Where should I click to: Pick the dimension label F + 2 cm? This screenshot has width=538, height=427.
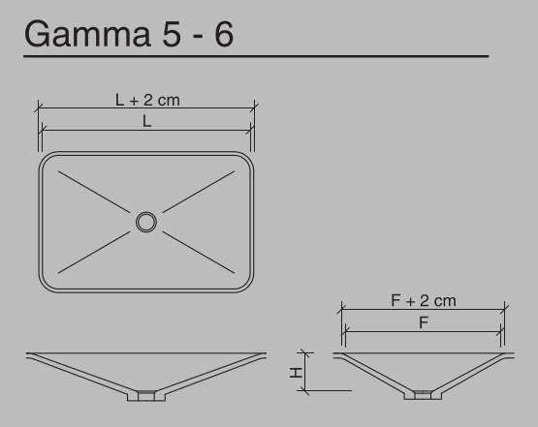tap(424, 300)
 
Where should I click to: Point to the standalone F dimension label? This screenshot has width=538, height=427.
tap(424, 323)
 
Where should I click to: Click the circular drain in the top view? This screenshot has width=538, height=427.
tap(145, 223)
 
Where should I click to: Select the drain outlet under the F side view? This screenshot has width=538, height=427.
tap(424, 393)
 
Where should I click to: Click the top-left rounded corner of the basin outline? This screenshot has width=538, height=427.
tap(47, 160)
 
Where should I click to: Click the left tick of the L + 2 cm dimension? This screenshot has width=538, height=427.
tap(39, 107)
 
